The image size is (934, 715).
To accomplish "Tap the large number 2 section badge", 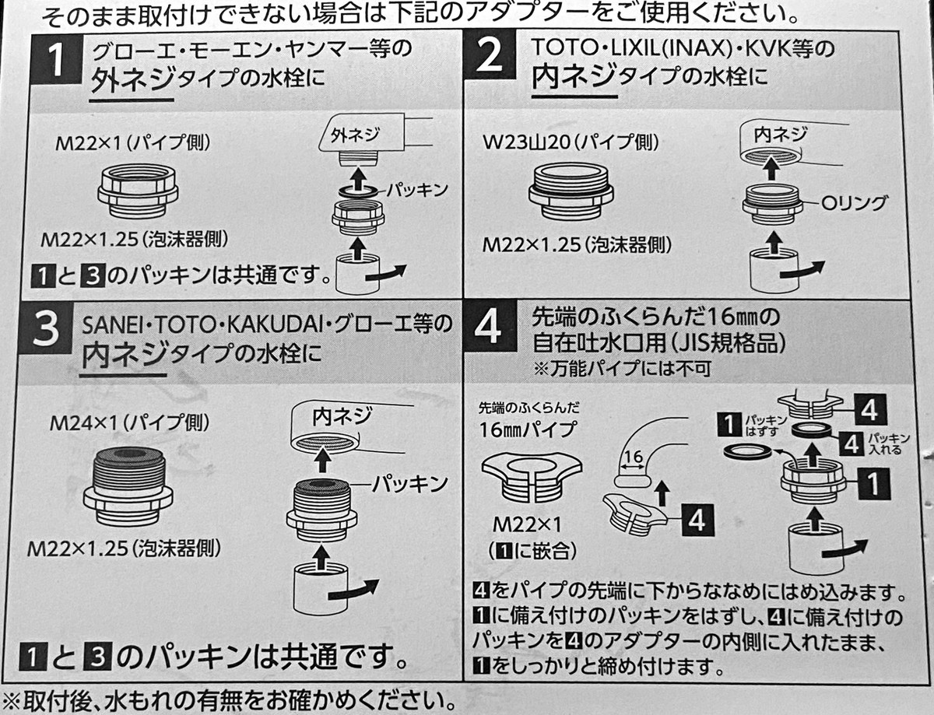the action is click(489, 61).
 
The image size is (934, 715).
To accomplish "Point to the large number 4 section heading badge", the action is click(489, 329).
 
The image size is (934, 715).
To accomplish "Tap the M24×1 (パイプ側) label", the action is click(129, 423).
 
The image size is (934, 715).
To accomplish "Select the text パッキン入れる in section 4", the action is click(888, 443).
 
